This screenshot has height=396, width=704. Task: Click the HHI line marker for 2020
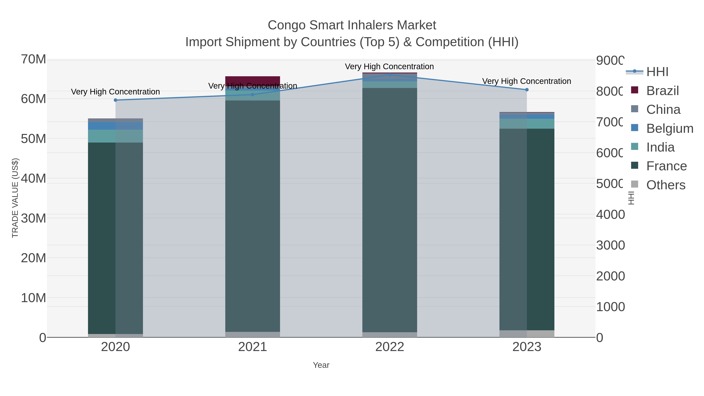click(x=115, y=100)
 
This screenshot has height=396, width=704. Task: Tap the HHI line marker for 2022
click(x=390, y=75)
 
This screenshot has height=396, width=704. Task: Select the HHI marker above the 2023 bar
click(x=527, y=90)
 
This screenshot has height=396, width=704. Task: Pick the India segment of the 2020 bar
click(x=115, y=136)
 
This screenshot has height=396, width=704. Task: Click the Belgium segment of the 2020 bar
click(x=115, y=126)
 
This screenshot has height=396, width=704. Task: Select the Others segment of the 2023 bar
click(x=527, y=334)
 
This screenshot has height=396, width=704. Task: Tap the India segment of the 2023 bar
click(x=527, y=124)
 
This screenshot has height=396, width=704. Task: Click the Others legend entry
click(x=665, y=185)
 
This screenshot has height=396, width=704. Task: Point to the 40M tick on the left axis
click(x=33, y=179)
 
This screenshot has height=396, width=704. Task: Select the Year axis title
click(x=321, y=365)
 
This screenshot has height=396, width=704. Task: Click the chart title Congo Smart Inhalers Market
click(x=352, y=25)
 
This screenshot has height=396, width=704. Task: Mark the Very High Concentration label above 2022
click(x=389, y=66)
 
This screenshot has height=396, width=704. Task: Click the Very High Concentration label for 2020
click(x=115, y=92)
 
